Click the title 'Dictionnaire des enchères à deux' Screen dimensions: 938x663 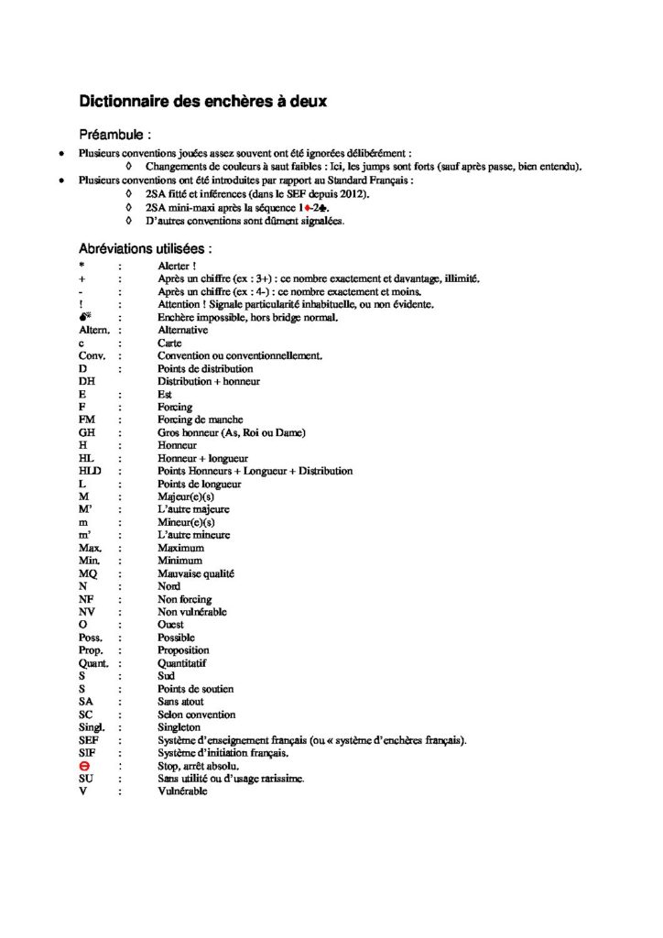click(202, 102)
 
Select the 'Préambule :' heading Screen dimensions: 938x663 click(118, 135)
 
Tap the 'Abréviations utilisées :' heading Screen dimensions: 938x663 click(146, 248)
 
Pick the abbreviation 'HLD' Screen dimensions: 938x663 click(90, 471)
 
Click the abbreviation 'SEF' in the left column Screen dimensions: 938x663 click(89, 740)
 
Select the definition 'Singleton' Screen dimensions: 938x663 click(179, 727)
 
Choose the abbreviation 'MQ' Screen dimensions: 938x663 click(88, 573)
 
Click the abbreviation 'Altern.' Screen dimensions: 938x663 click(95, 330)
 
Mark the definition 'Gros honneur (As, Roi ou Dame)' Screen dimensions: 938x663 click(232, 432)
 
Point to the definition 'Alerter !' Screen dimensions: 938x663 click(178, 266)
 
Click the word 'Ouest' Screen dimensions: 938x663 click(171, 625)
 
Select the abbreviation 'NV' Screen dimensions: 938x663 click(87, 612)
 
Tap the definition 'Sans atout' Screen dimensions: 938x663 click(180, 702)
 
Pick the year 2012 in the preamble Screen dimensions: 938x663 click(353, 194)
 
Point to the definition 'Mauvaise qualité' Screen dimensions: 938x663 click(196, 573)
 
